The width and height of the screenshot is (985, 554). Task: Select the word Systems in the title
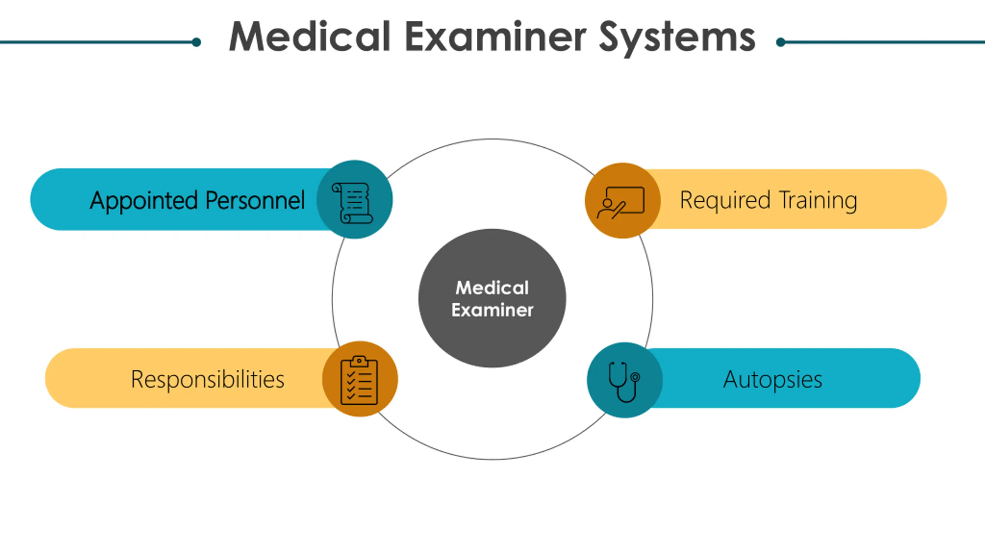[677, 38]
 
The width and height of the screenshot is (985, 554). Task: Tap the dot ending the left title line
[196, 42]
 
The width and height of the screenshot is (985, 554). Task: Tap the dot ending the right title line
[781, 42]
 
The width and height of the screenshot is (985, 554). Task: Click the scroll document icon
[352, 203]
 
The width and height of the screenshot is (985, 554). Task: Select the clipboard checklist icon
[359, 380]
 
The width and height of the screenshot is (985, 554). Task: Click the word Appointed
[144, 200]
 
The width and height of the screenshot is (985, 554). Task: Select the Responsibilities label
[208, 379]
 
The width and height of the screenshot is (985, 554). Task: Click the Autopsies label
[773, 379]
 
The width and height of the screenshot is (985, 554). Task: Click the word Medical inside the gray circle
[492, 288]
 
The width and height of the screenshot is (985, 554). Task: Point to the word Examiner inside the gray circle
[492, 310]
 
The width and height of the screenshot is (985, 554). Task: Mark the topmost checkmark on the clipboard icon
[351, 374]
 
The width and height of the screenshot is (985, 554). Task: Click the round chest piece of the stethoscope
[636, 377]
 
